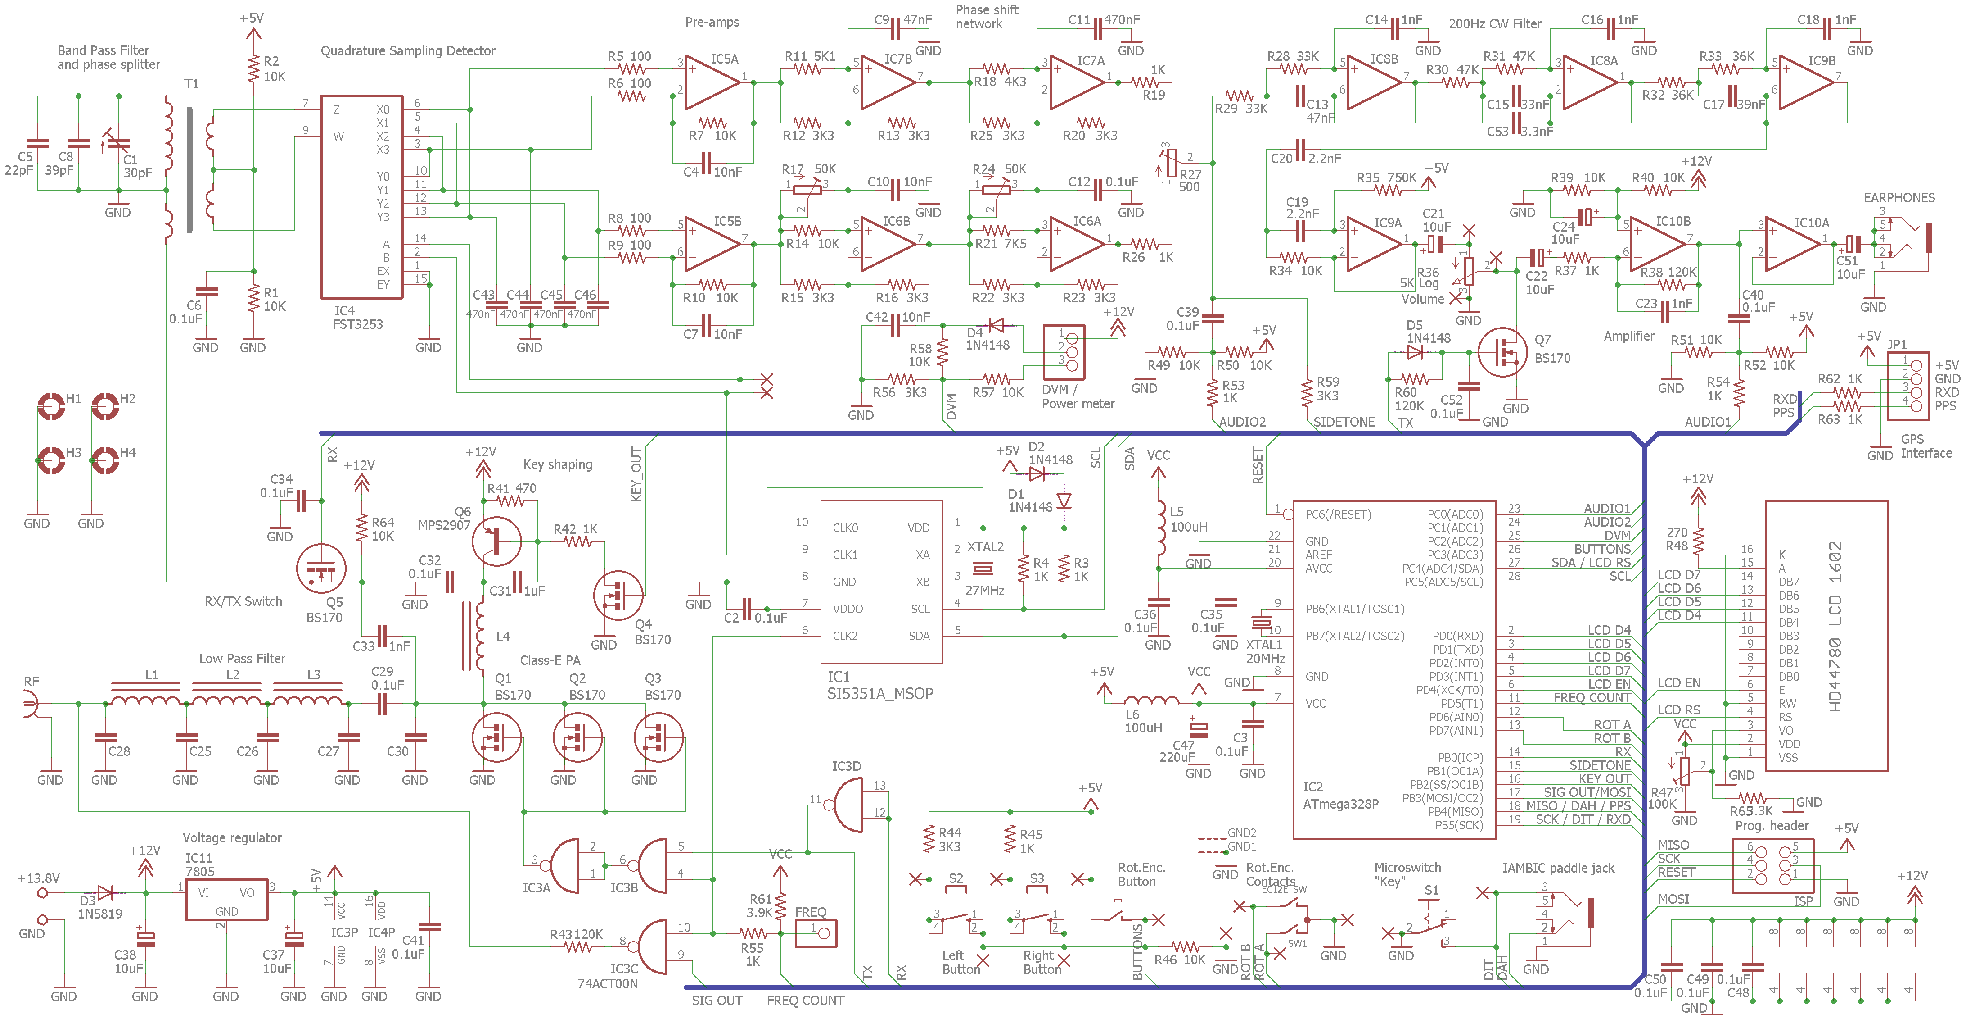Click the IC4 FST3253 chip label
[357, 318]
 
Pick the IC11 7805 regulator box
[227, 899]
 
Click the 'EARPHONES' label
[1899, 198]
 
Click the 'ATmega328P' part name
[1340, 804]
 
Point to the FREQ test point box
[816, 933]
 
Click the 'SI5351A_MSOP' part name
[880, 693]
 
